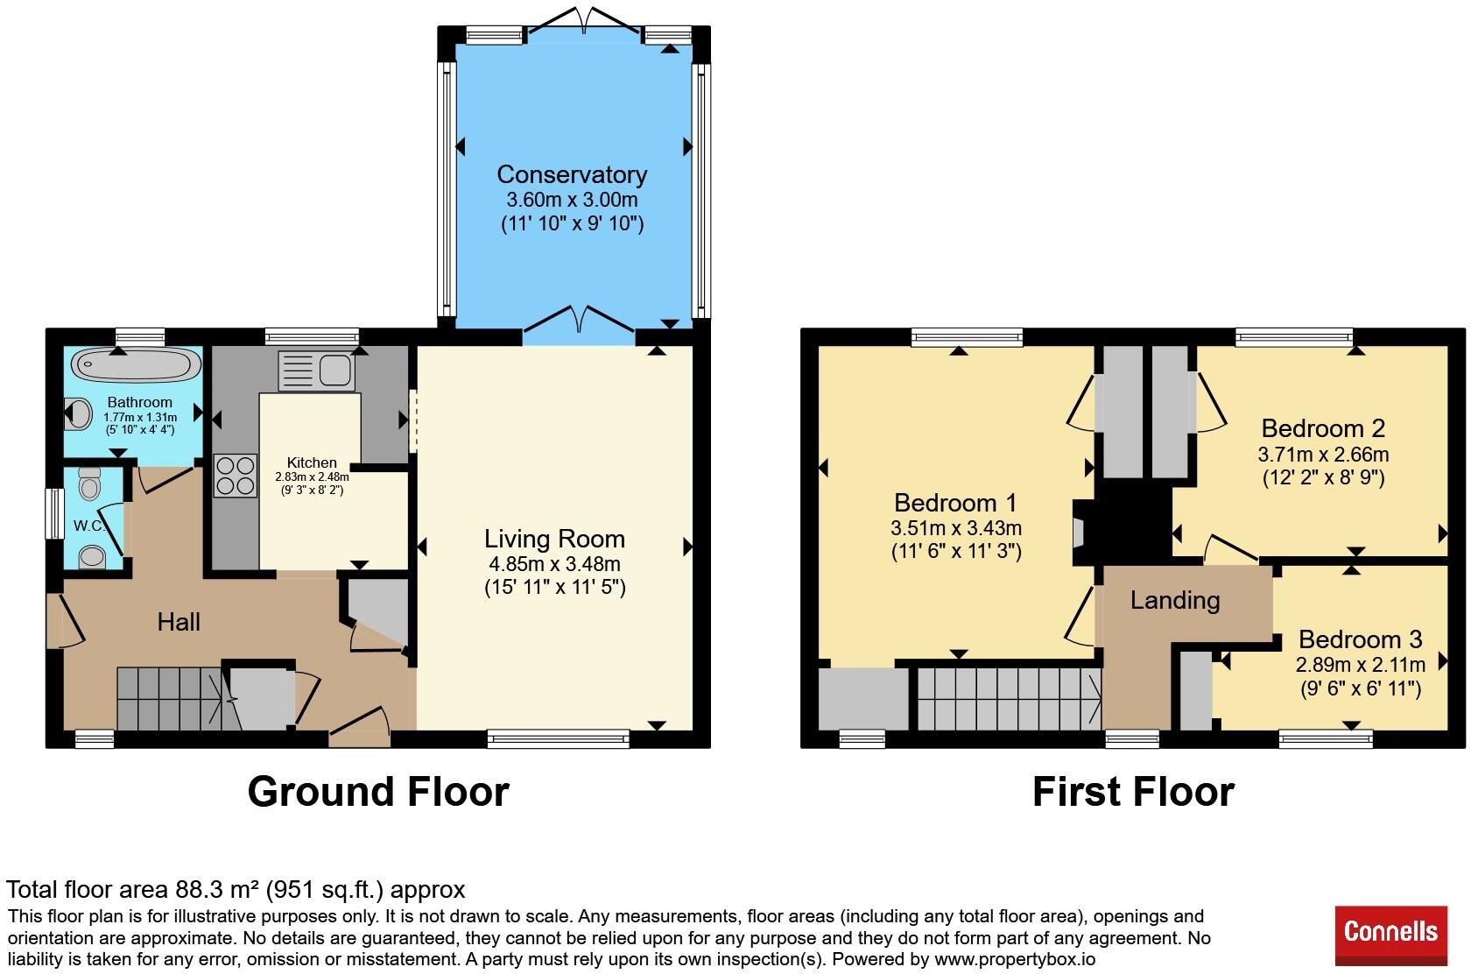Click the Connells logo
1390,935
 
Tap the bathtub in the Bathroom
136,364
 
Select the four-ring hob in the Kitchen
235,476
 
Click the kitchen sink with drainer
316,371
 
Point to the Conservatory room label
572,174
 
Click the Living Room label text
554,540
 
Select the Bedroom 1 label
955,503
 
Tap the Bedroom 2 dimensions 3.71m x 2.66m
1323,455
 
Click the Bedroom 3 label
1361,639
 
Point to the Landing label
1175,600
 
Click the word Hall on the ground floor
179,622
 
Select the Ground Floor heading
378,792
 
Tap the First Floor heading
1133,792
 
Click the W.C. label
89,526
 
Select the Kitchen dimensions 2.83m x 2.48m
312,476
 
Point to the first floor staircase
1010,699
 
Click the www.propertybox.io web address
1015,960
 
